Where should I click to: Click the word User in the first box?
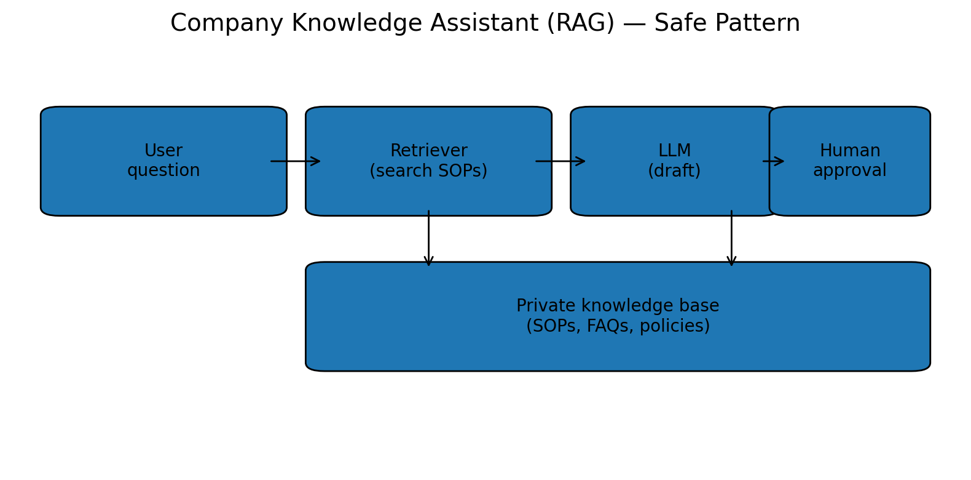tap(163, 151)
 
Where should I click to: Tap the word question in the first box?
tap(163, 171)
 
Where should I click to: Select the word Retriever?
tap(428, 151)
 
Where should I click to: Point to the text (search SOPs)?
tap(428, 171)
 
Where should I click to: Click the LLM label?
tap(674, 151)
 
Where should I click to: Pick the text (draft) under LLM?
tap(674, 171)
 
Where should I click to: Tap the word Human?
tap(849, 151)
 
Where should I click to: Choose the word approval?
tap(849, 171)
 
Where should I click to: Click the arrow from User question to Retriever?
tap(296, 161)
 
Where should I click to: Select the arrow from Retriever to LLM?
tap(560, 161)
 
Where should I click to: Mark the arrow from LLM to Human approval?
tap(773, 161)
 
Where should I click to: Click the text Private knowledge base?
tap(618, 306)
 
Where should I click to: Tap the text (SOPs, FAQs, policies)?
tap(618, 326)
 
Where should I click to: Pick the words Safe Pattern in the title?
tap(727, 24)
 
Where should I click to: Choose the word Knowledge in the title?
tap(356, 24)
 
